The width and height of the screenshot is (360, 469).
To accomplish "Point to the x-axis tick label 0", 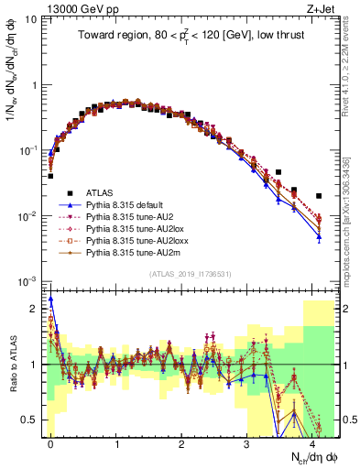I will (50, 443).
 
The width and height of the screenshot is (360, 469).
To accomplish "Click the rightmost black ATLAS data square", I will (319, 196).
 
